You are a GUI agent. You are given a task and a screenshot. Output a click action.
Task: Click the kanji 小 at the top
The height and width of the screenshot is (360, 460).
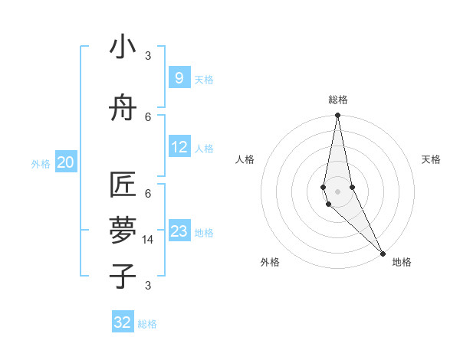(123, 47)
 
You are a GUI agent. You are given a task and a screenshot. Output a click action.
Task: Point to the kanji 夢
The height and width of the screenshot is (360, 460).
(123, 231)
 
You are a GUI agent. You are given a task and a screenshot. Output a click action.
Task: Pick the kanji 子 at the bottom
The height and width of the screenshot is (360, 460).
(123, 275)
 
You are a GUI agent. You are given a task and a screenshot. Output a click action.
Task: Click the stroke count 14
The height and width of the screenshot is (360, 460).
(148, 240)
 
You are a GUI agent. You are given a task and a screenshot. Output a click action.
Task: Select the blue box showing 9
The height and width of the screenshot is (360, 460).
(179, 78)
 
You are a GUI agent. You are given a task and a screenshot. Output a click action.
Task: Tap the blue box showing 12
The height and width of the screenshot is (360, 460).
(179, 147)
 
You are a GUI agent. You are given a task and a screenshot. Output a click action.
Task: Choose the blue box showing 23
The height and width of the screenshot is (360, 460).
(179, 231)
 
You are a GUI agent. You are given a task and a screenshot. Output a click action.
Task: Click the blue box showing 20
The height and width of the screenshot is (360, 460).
(65, 162)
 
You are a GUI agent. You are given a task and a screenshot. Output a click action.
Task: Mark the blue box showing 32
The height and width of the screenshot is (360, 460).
(123, 322)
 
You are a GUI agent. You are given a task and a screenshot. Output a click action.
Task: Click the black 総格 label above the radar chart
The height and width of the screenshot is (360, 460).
(337, 100)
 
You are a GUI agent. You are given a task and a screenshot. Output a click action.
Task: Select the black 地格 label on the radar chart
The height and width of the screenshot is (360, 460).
(402, 262)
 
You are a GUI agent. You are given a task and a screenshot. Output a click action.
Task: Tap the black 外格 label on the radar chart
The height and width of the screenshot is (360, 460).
(270, 262)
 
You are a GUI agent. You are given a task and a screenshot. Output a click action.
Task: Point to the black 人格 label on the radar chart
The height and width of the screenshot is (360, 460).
(245, 159)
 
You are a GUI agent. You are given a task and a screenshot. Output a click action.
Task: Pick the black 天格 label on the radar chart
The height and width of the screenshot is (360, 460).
(432, 159)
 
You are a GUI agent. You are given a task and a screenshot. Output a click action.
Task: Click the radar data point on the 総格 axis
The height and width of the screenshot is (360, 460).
(337, 116)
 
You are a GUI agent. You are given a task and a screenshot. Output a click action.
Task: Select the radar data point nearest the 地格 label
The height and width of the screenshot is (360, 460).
(383, 253)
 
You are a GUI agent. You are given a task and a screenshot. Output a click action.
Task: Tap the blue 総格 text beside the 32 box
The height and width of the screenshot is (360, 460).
(147, 324)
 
